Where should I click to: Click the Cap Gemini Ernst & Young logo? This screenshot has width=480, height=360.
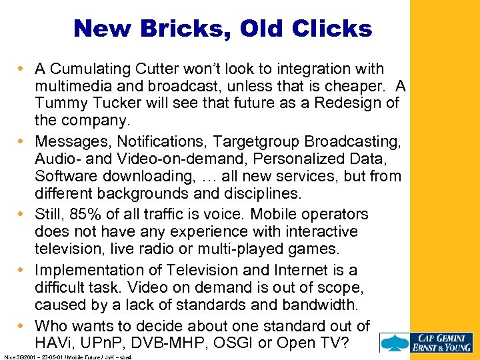(426, 341)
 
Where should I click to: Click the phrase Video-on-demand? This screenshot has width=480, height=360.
(167, 159)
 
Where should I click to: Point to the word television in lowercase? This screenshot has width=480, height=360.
(69, 249)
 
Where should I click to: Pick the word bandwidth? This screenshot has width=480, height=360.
(323, 304)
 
